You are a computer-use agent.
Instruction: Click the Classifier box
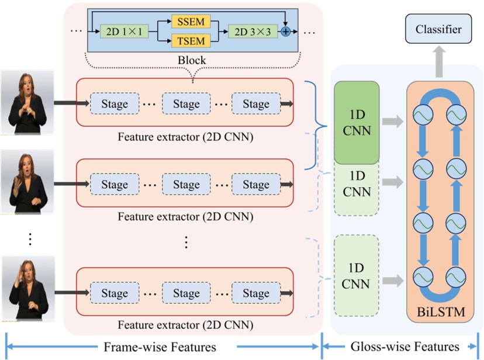tap(438, 29)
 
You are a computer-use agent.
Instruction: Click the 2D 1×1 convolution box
tap(123, 31)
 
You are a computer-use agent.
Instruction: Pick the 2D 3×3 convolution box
tap(253, 31)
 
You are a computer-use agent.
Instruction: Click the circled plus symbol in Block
tap(285, 32)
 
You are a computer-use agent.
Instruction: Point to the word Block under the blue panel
tap(192, 60)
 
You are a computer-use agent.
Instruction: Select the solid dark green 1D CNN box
tap(357, 123)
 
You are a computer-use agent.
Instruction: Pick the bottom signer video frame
tap(27, 289)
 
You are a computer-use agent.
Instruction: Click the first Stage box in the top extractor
tap(115, 104)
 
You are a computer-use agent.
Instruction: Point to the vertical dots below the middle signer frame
tap(30, 239)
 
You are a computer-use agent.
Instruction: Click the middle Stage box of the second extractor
tap(186, 185)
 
